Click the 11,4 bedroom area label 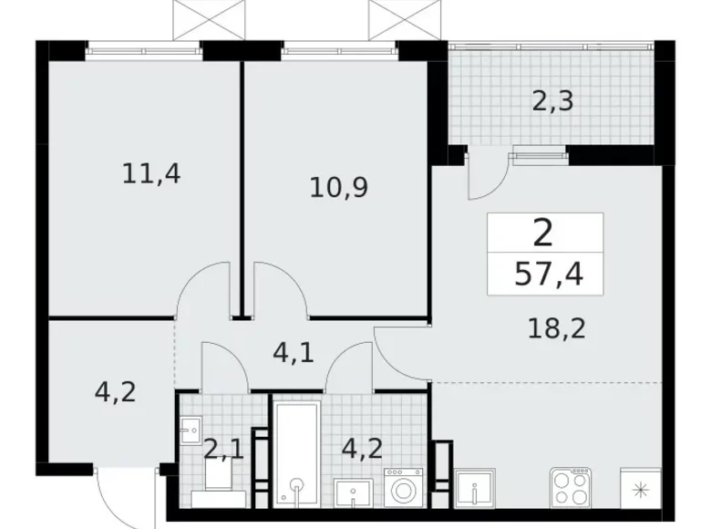[x=151, y=174]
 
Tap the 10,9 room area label [x=339, y=188]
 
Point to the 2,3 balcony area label [x=552, y=101]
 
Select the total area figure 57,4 [x=549, y=275]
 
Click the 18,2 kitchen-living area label [x=557, y=328]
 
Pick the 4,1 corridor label [x=294, y=353]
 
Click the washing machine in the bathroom [x=403, y=488]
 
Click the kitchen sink [x=474, y=488]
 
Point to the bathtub [x=296, y=453]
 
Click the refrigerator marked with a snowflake [x=640, y=488]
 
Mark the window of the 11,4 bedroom [x=144, y=51]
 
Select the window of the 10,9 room [x=340, y=51]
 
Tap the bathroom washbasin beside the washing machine [x=354, y=493]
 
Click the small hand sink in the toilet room [x=191, y=430]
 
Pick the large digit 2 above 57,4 [x=542, y=233]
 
